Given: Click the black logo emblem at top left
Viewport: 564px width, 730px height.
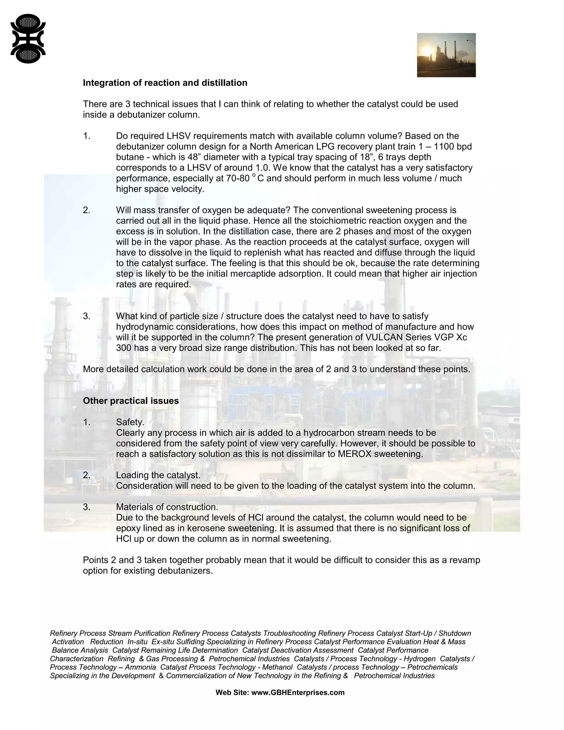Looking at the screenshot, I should click(x=28, y=39).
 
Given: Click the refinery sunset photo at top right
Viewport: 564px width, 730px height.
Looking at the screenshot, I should click(x=446, y=55).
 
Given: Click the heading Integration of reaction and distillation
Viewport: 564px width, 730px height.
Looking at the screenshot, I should click(x=165, y=83).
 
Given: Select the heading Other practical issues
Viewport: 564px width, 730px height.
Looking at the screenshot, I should click(x=131, y=401).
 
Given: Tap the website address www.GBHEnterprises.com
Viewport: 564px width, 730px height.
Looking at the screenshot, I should click(x=298, y=692).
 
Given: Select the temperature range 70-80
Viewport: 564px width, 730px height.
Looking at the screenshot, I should click(x=238, y=179).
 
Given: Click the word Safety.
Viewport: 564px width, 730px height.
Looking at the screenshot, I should click(x=130, y=422).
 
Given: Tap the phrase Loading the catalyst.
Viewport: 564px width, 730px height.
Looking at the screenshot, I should click(x=158, y=475).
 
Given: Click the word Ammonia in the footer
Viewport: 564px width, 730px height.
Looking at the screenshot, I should click(x=140, y=667).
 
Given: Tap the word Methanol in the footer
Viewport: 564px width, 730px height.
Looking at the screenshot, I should click(x=277, y=667).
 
